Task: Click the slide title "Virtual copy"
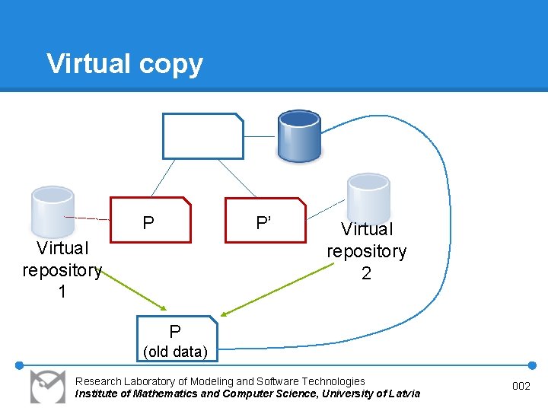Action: pos(125,64)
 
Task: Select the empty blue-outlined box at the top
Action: pos(202,136)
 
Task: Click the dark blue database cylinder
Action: pos(299,135)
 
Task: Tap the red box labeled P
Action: pos(151,221)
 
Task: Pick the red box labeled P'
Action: pos(265,221)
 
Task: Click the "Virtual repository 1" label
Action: pos(62,269)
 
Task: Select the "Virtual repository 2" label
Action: pos(366,251)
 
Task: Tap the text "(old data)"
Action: pos(176,352)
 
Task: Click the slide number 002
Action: pos(521,387)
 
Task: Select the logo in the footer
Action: pos(48,387)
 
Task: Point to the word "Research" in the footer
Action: pos(97,381)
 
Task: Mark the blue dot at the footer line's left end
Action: pos(20,365)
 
